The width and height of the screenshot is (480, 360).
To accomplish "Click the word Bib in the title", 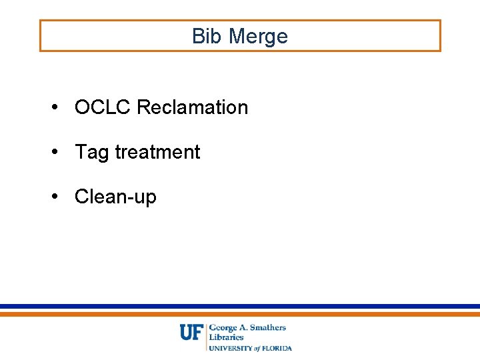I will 204,36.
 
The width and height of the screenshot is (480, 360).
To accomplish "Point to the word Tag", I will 92,152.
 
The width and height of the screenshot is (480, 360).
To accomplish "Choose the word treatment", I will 157,152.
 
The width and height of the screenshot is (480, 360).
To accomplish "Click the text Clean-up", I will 115,197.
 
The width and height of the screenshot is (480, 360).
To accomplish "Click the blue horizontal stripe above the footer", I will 240,307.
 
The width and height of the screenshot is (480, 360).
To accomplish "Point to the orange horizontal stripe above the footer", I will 240,313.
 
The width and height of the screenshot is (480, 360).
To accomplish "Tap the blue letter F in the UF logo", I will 198,332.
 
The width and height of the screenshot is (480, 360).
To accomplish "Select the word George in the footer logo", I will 225,328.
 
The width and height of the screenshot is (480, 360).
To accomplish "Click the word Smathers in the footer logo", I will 267,328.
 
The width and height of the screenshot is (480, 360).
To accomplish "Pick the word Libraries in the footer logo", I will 227,337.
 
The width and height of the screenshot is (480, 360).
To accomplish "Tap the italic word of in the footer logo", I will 257,348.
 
